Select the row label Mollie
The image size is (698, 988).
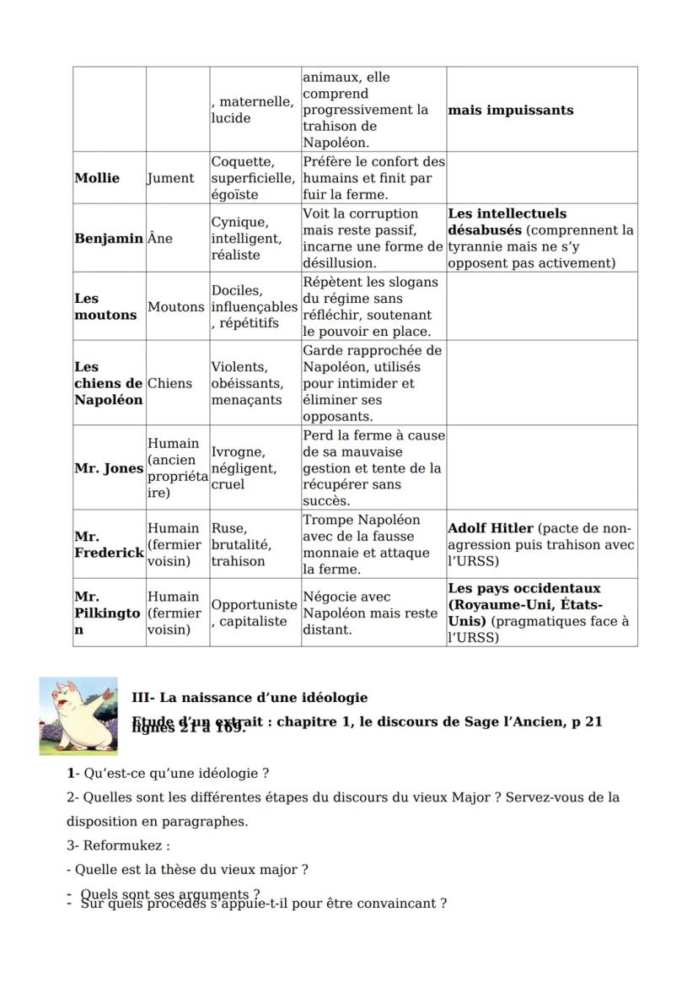coord(97,178)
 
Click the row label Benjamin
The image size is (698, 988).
coord(109,239)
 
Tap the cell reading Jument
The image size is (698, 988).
coord(170,178)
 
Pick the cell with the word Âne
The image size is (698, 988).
coord(160,239)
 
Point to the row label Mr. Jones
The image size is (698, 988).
coord(109,468)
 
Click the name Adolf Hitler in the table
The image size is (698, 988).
coord(491,528)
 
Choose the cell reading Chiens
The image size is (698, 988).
coord(169,383)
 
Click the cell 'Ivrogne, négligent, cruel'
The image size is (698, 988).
coord(244,468)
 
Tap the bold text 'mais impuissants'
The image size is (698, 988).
coord(510,111)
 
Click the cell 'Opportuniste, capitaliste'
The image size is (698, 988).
coord(254,613)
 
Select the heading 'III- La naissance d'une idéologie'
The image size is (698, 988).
coord(250,698)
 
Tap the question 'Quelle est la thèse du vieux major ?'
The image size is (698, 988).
coord(187,869)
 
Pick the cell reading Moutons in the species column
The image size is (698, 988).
coord(176,307)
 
